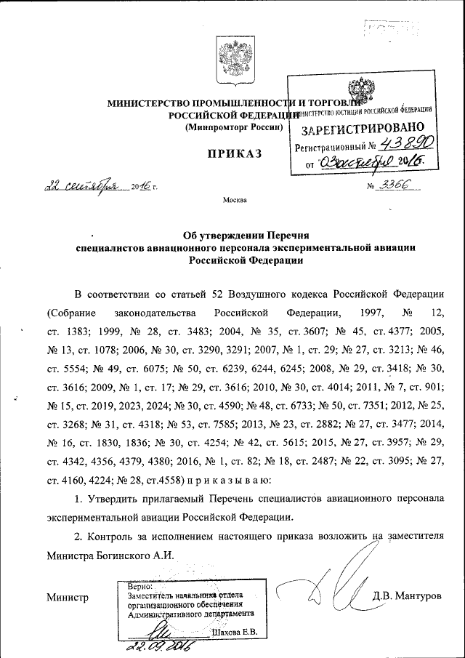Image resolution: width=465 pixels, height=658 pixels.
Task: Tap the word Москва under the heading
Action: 234,199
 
